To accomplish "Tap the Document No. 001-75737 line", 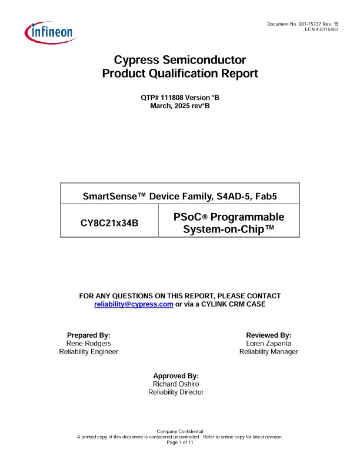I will tap(303, 24).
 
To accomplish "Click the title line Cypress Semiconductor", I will tap(179, 60).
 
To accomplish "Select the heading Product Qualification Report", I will tap(179, 74).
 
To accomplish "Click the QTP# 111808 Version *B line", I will tap(179, 97).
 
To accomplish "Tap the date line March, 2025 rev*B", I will tap(179, 105).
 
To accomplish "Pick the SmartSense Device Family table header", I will tap(180, 193).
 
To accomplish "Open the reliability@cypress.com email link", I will tap(134, 304).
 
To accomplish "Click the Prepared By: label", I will tap(88, 335).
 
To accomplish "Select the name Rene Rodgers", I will tap(88, 343).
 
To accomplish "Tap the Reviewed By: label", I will tap(268, 335).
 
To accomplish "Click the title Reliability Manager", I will tap(268, 351).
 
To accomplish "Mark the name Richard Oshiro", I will tap(176, 384).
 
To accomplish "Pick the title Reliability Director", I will tap(176, 392).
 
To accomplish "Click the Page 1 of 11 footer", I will tap(180, 442).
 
